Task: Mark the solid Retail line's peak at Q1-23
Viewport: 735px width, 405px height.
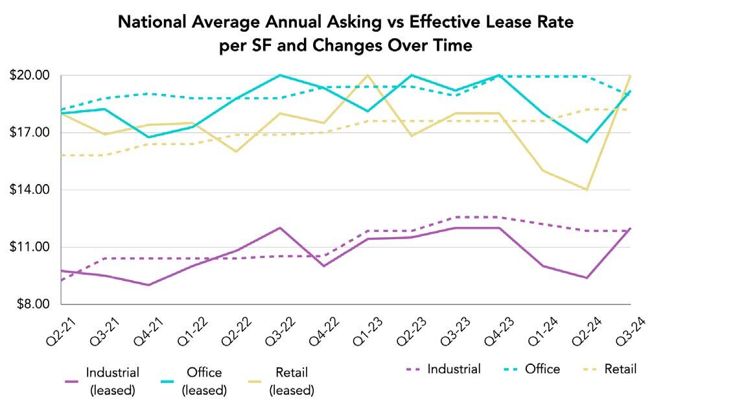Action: (368, 75)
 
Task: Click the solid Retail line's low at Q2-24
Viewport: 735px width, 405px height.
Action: (587, 190)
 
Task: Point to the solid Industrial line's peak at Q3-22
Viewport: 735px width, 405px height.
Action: (280, 228)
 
